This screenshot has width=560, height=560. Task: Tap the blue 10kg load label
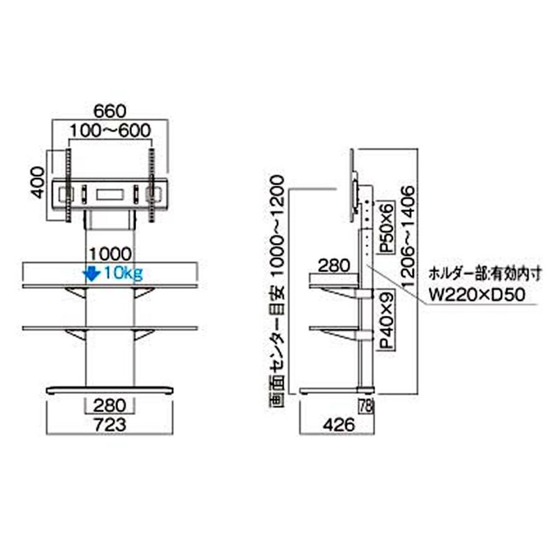(124, 273)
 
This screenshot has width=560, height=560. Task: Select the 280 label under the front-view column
(110, 407)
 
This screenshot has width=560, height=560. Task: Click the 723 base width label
(110, 426)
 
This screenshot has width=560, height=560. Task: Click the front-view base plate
(110, 390)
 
